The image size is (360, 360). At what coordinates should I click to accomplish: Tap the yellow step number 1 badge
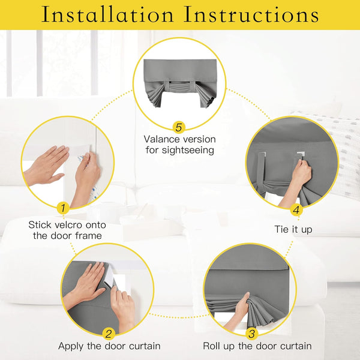62,208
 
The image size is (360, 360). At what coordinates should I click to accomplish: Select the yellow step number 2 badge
109,334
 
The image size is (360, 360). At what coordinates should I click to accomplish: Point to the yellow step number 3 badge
251,334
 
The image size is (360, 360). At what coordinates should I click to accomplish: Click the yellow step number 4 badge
296,210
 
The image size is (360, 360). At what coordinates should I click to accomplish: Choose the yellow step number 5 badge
178,127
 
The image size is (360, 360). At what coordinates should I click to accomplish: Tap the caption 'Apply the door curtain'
109,346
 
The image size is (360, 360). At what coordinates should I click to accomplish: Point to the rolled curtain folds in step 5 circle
180,96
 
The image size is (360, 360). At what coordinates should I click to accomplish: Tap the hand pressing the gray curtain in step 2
89,282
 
